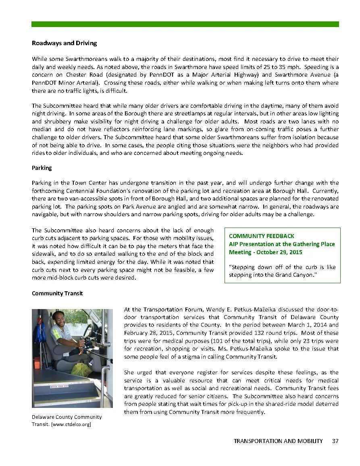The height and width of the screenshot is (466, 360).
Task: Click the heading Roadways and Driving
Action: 64,43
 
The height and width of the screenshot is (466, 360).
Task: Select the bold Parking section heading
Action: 42,168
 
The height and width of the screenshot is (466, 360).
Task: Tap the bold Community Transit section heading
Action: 57,293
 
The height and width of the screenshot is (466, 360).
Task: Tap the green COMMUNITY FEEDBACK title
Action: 261,236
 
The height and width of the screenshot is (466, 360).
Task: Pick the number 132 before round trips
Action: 249,333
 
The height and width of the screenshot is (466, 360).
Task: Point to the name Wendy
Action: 214,309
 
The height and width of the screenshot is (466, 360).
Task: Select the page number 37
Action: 335,441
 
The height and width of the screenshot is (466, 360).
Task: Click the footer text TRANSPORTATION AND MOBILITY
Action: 278,441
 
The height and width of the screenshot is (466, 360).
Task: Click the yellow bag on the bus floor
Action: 82,369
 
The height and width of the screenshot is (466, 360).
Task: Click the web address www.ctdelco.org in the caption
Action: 71,424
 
